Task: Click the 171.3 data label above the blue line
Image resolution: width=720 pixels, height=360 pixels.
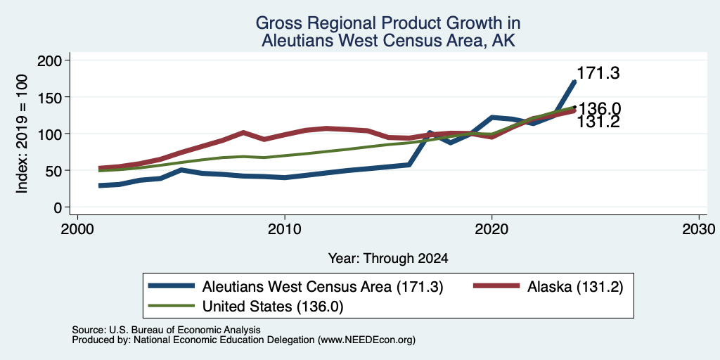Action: [x=598, y=73]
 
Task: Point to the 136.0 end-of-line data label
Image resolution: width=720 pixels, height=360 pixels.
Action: [x=599, y=109]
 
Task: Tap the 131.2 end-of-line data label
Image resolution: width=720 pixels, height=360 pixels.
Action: [x=598, y=122]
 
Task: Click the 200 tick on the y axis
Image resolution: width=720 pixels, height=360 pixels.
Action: [x=51, y=60]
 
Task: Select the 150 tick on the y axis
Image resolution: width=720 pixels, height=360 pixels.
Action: [x=51, y=97]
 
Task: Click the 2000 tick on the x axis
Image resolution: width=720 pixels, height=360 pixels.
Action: [x=77, y=229]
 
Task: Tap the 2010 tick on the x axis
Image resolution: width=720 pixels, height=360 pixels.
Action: [x=285, y=229]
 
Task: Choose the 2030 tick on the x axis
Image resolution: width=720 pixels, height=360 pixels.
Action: [x=699, y=229]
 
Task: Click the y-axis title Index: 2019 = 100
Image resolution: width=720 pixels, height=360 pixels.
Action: [x=22, y=134]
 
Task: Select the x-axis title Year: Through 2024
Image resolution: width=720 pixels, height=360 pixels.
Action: [x=388, y=259]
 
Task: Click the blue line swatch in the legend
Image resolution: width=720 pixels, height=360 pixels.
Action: [x=171, y=287]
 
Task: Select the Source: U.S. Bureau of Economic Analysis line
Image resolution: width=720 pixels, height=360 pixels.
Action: [x=166, y=330]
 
